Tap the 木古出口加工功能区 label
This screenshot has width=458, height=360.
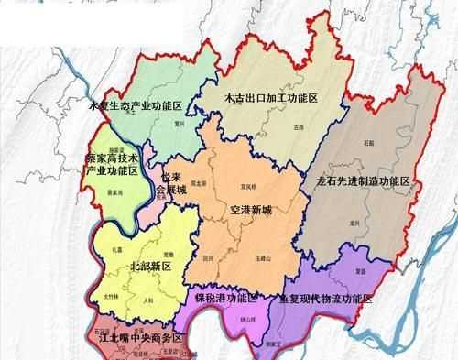271,97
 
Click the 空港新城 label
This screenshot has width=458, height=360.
251,210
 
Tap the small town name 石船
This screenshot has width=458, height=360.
367,145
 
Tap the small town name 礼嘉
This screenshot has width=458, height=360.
116,249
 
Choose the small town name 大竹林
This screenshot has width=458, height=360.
111,296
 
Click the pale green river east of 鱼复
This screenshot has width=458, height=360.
431,275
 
